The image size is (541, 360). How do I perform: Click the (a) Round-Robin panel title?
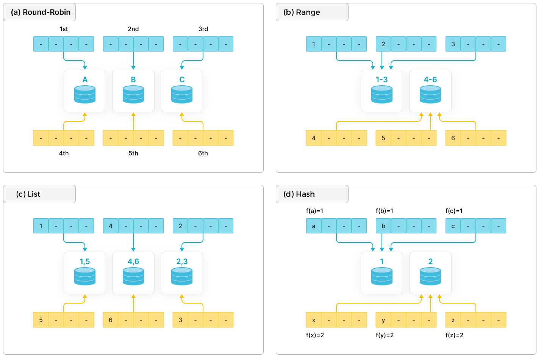41,13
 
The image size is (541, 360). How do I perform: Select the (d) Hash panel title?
299,194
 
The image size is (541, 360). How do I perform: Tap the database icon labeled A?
85,95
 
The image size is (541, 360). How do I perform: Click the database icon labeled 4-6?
430,95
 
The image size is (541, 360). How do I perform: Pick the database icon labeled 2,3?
182,277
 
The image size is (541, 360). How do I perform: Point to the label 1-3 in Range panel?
382,80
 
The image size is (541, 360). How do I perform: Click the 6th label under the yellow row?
203,153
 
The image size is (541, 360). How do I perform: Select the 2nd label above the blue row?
133,29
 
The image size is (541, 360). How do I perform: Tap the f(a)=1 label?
314,211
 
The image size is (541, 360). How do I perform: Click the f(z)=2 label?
454,335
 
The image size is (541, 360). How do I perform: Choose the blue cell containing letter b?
383,226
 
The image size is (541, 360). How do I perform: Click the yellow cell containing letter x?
314,320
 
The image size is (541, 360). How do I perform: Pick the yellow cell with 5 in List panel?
41,320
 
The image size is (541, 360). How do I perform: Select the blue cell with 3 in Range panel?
453,44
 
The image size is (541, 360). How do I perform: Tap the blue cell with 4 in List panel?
111,226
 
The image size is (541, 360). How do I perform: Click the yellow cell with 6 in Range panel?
453,138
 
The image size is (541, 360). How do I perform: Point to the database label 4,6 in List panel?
133,261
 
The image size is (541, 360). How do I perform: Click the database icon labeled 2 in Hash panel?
430,277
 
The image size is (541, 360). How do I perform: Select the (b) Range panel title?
302,13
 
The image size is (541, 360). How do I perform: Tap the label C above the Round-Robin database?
182,80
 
